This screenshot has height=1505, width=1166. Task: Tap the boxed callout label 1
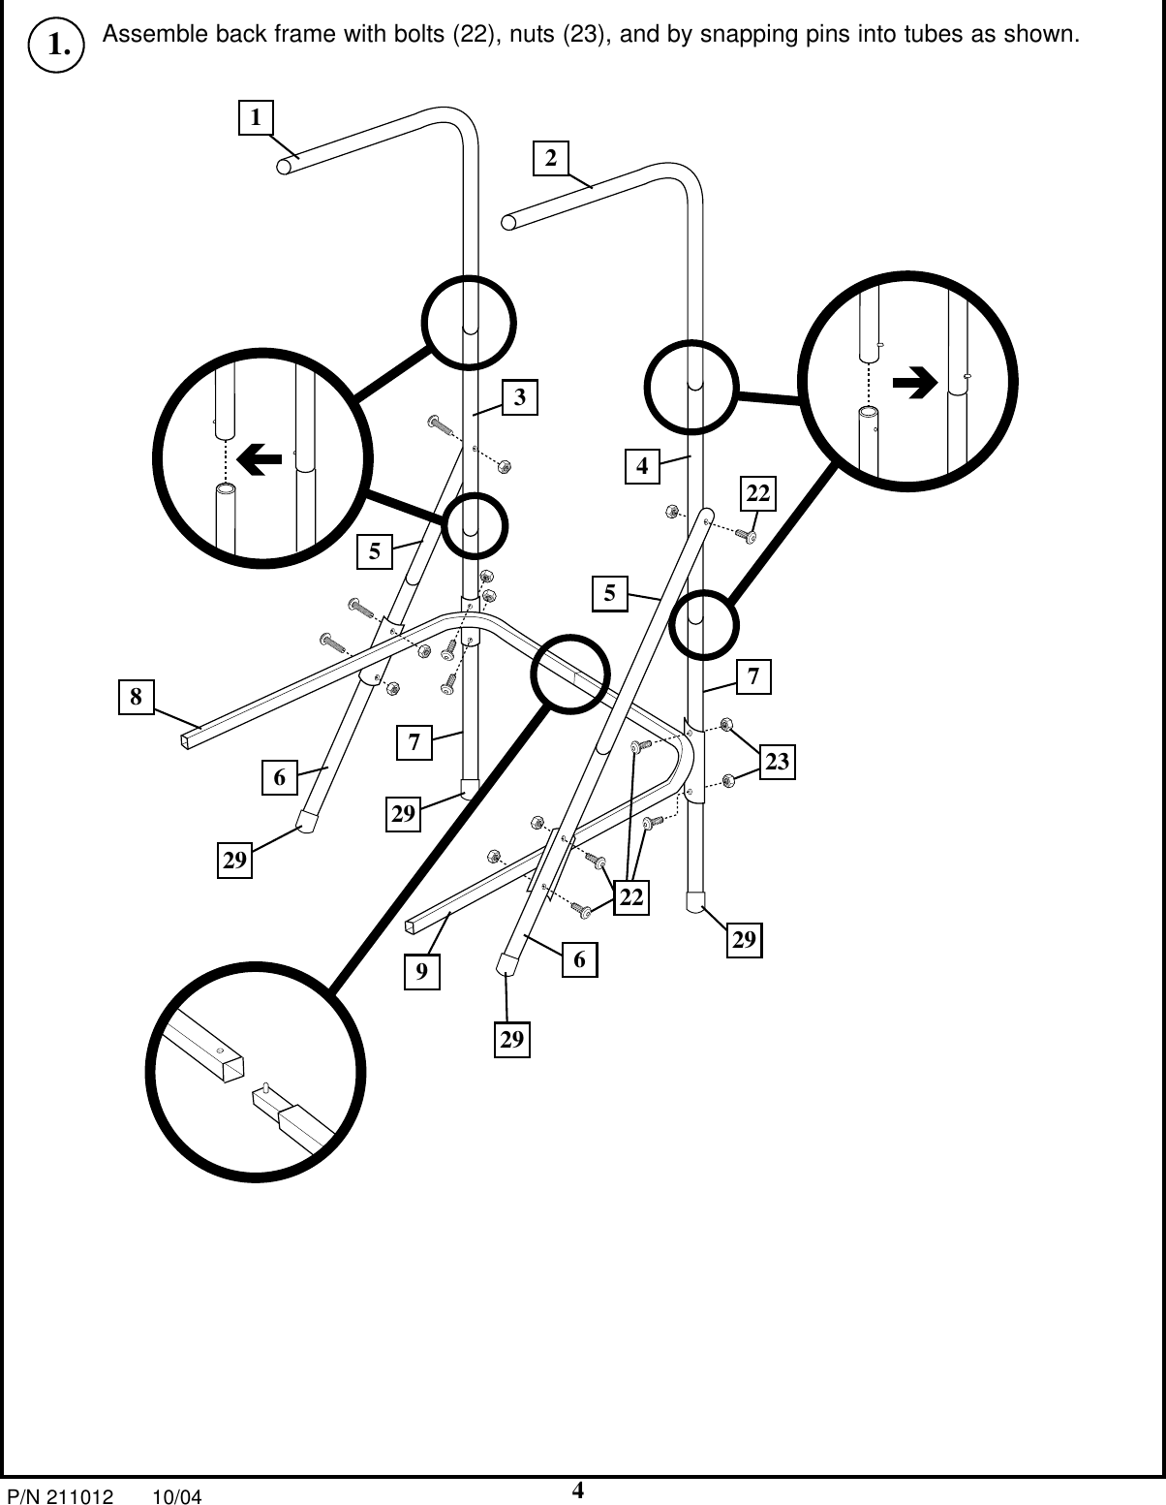(256, 117)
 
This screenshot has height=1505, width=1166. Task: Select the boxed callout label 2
(551, 158)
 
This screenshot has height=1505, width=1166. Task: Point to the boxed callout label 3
(520, 396)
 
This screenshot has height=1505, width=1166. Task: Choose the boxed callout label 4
(641, 465)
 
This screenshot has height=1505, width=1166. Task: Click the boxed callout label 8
(137, 696)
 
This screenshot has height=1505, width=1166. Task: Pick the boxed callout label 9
(422, 971)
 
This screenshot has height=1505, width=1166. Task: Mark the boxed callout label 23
(777, 763)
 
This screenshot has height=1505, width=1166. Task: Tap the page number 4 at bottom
(577, 1490)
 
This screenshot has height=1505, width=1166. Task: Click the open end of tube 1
(285, 167)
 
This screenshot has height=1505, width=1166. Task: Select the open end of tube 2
(509, 223)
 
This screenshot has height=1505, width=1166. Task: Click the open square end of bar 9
(414, 926)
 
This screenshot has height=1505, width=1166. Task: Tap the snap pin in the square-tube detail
(265, 1086)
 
